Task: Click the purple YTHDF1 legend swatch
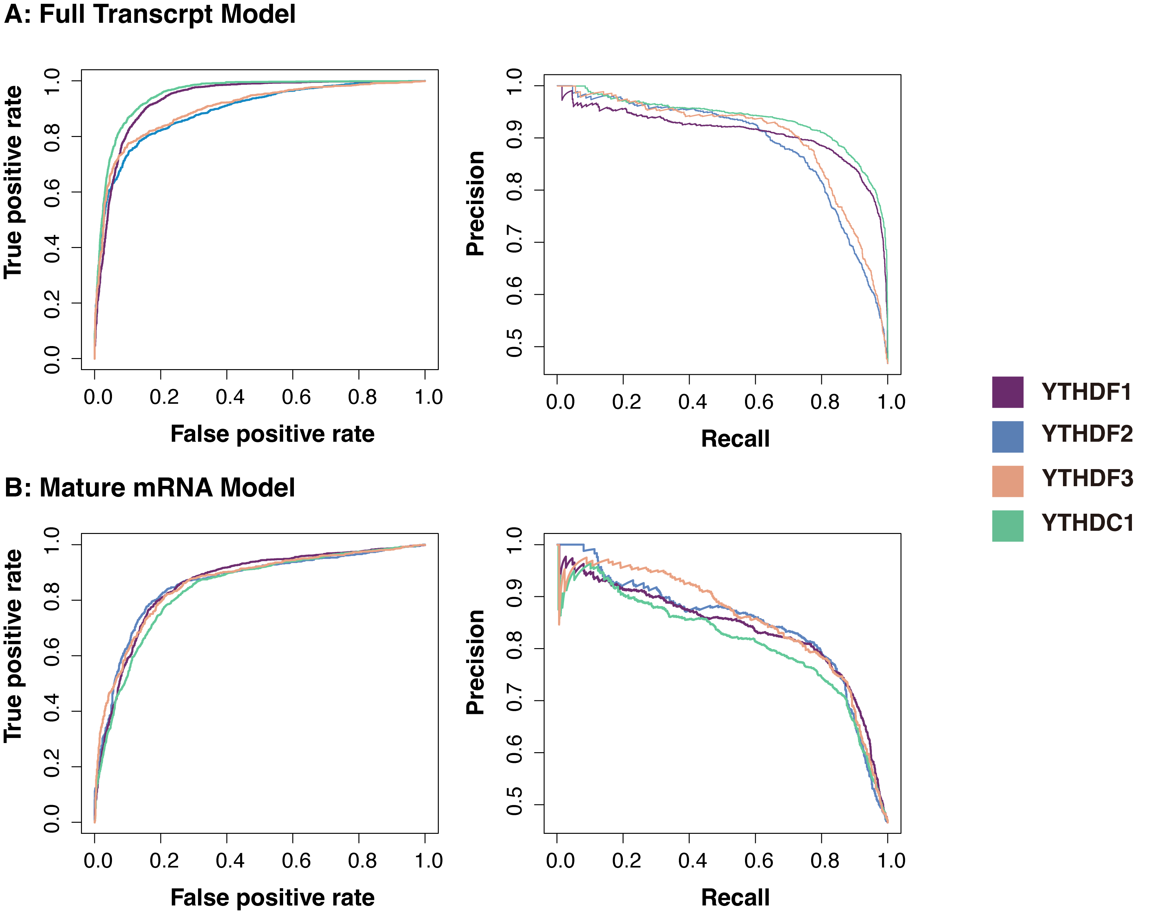click(1007, 392)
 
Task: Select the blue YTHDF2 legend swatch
click(1007, 437)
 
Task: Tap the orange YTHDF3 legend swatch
click(1007, 481)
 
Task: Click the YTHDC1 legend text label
click(1087, 523)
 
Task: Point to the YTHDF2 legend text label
click(1087, 434)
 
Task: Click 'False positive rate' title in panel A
click(272, 434)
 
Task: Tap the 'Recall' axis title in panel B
click(735, 898)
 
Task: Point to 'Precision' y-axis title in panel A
click(476, 203)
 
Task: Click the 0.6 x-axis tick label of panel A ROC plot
click(296, 397)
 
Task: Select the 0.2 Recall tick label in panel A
click(626, 402)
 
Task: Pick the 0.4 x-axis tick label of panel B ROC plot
click(230, 861)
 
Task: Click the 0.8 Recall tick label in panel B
click(825, 861)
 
